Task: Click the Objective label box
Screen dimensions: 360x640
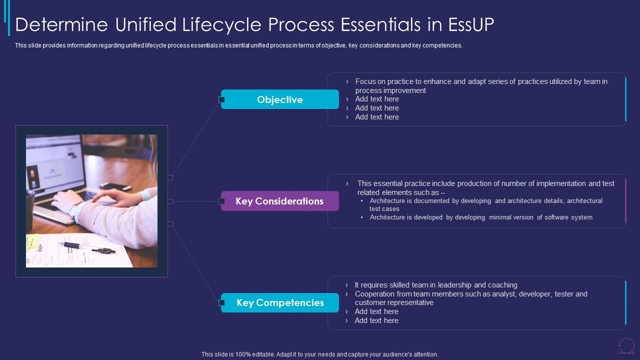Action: click(280, 99)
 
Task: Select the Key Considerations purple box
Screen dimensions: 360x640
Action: click(280, 201)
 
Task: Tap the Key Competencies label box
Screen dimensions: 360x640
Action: click(280, 302)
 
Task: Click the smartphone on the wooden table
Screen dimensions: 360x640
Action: click(115, 186)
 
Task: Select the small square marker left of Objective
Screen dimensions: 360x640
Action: click(221, 99)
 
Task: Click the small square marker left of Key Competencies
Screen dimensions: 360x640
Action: click(221, 302)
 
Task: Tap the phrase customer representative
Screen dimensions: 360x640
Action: click(394, 302)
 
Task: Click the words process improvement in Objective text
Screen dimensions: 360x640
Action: click(390, 90)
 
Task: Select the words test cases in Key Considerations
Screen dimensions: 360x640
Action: click(384, 209)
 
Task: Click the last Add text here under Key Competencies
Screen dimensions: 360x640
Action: click(376, 320)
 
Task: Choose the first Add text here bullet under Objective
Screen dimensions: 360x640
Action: click(377, 99)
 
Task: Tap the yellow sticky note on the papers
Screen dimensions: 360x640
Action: click(32, 241)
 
